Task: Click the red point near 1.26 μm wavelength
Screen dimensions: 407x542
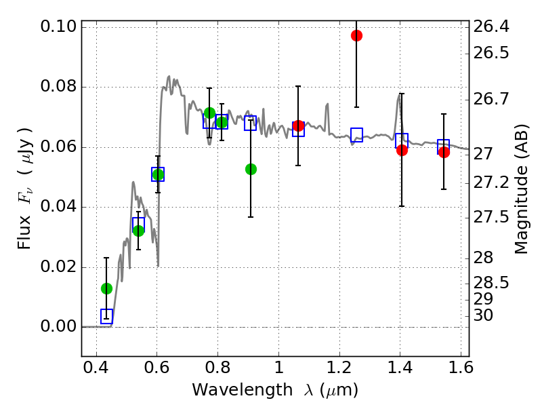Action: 356,35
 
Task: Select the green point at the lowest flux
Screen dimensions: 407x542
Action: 106,288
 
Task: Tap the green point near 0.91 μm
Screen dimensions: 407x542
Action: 251,169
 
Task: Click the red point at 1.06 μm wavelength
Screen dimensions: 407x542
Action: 298,125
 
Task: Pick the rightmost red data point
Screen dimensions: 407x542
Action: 444,152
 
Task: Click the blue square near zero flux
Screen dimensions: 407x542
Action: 106,315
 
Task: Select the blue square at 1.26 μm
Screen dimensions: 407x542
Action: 356,134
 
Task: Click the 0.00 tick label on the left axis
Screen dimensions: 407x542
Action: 59,327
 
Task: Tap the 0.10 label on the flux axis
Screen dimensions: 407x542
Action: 59,27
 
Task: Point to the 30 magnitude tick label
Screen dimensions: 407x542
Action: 484,315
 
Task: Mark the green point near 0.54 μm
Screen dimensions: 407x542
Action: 138,231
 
